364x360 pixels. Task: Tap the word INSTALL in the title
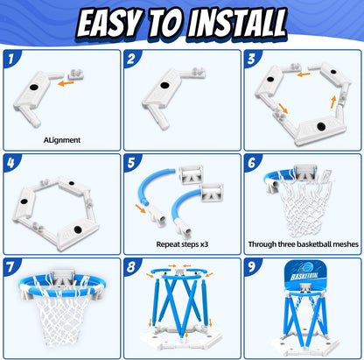pos(236,23)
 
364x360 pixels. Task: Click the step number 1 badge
pos(11,59)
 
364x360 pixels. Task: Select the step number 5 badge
pos(131,162)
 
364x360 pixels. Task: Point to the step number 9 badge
pos(251,266)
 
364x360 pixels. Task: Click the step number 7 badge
pos(10,266)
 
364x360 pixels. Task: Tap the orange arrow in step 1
pos(66,83)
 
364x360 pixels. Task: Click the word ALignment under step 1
pos(62,140)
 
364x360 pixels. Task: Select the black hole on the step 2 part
pos(164,86)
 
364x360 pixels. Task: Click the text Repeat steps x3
pos(182,244)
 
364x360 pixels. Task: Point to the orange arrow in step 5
pos(141,208)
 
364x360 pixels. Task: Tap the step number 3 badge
pos(251,59)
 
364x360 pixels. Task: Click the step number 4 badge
pos(10,162)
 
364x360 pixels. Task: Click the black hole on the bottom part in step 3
pos(321,126)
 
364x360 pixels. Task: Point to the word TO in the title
pos(166,23)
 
